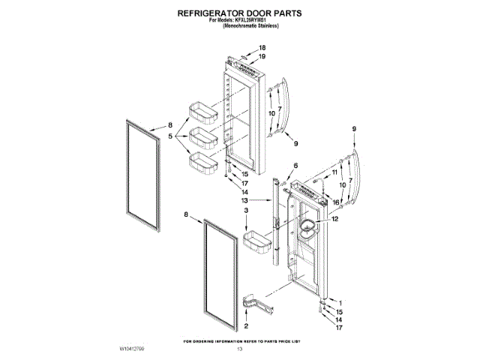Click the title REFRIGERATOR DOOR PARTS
click(x=239, y=13)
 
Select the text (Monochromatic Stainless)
click(x=239, y=26)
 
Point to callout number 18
click(x=262, y=48)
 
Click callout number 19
click(x=262, y=57)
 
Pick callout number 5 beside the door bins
click(x=170, y=137)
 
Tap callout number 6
click(x=295, y=165)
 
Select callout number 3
click(x=247, y=211)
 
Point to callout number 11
click(x=335, y=172)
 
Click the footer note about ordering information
click(x=240, y=341)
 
